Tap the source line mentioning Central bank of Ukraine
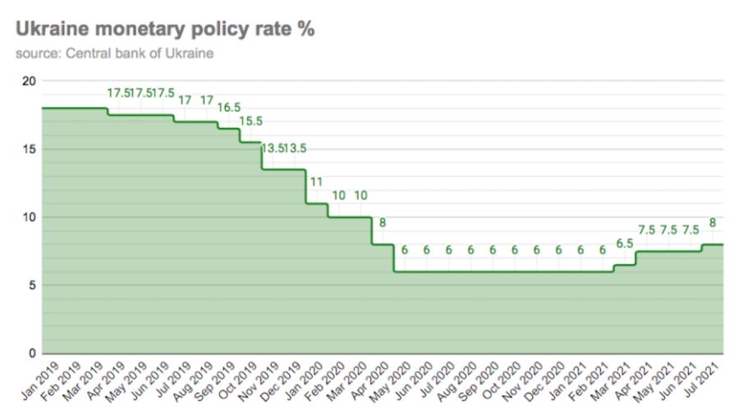click(x=115, y=54)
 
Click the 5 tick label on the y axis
click(x=32, y=285)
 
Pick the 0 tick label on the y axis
click(x=32, y=353)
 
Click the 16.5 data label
click(x=228, y=108)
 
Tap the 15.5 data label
click(x=250, y=122)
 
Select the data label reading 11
click(x=317, y=182)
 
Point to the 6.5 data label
click(x=624, y=243)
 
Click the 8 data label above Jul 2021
click(x=713, y=223)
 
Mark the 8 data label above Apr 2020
click(x=383, y=223)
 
